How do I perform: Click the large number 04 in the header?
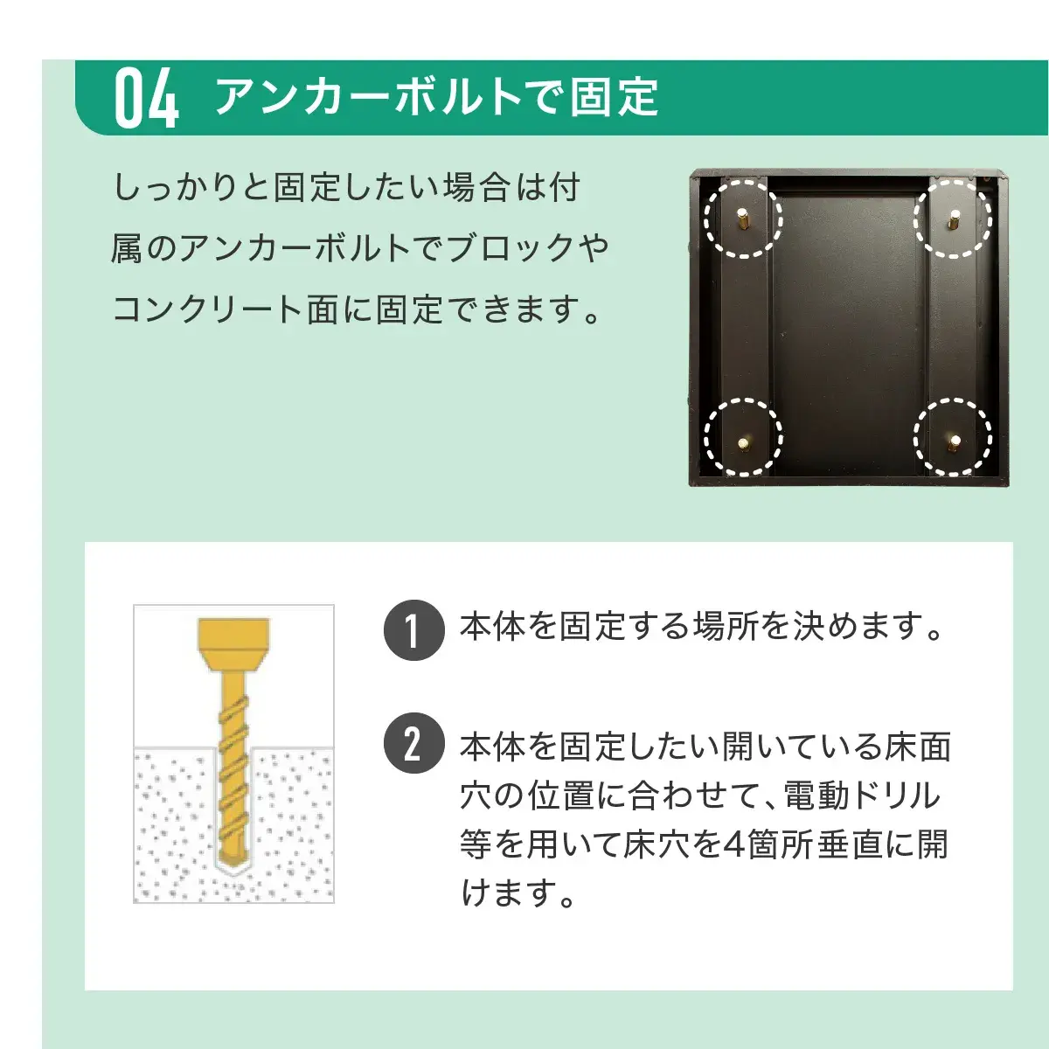146,99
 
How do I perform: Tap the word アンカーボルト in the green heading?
367,97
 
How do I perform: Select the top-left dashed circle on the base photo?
743,219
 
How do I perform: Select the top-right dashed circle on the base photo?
953,219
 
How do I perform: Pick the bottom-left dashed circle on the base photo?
743,437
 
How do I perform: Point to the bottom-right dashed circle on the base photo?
953,437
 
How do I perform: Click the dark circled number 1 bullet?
413,630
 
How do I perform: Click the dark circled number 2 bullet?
413,744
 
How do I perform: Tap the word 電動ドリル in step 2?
861,795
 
